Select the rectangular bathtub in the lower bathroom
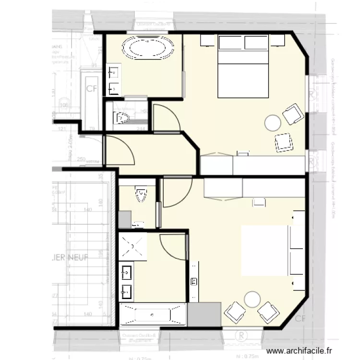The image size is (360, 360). [153, 315]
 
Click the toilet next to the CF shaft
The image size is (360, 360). [121, 117]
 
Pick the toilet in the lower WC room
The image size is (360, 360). [141, 194]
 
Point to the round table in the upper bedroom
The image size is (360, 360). [273, 123]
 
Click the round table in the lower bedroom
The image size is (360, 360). [252, 300]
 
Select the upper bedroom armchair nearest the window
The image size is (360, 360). [293, 114]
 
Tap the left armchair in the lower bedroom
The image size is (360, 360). [235, 312]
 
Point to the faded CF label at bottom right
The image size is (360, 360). [300, 319]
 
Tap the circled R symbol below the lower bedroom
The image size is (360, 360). [242, 334]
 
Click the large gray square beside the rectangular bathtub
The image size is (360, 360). [204, 315]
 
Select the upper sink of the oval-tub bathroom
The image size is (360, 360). [114, 73]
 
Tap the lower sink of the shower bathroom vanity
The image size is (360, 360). [128, 291]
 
